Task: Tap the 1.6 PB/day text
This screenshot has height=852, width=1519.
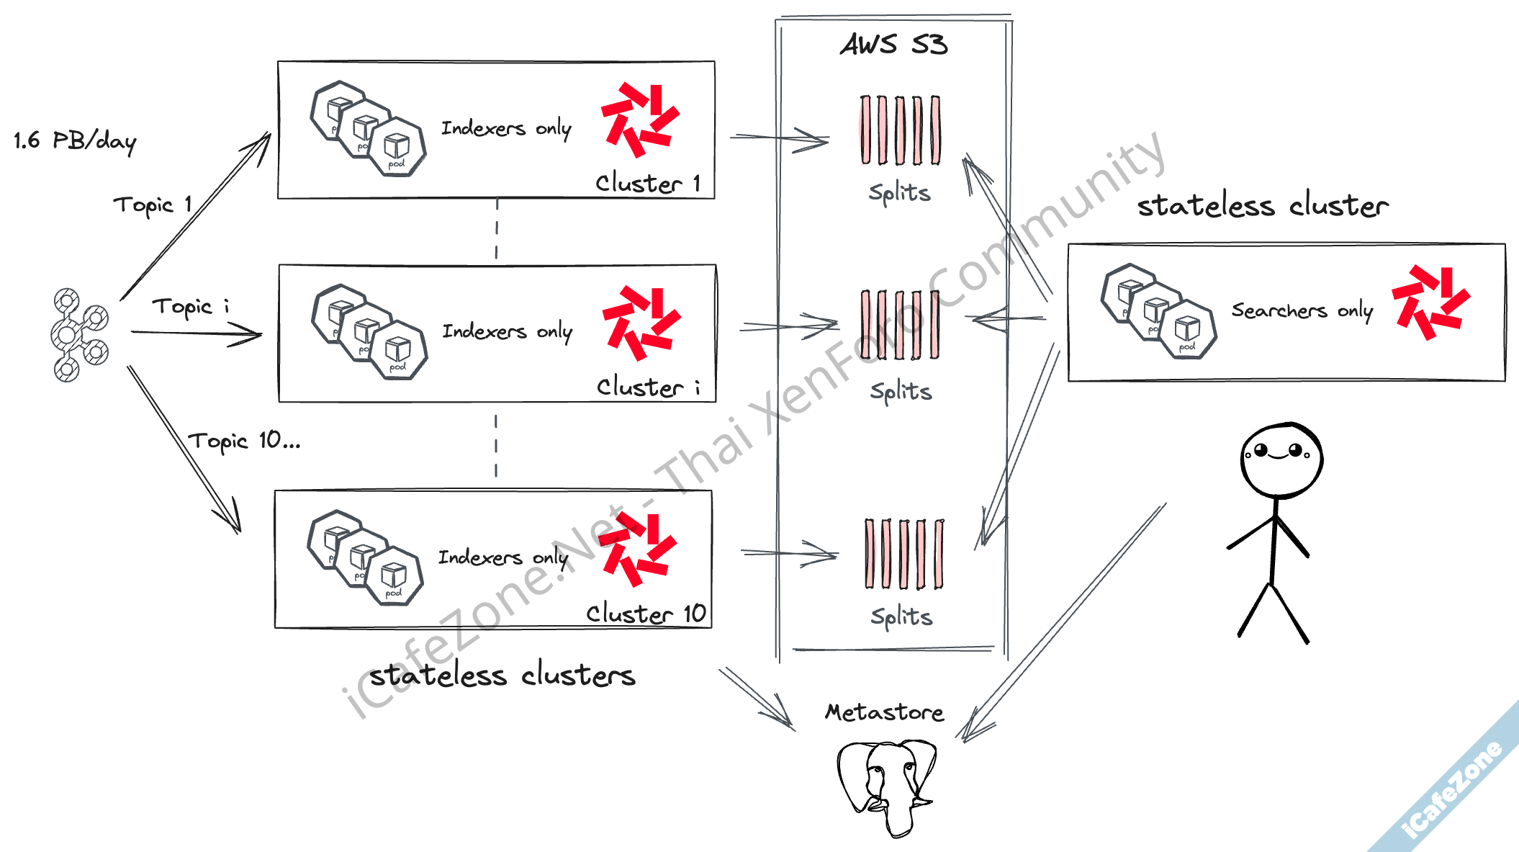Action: point(75,140)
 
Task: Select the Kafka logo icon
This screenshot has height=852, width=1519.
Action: point(79,334)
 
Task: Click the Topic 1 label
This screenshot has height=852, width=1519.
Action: point(153,205)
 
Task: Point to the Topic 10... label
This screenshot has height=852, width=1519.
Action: point(244,441)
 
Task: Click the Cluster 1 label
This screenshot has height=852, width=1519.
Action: point(647,183)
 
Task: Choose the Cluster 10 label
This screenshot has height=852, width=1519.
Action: point(646,614)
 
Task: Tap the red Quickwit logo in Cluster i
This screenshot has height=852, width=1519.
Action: point(641,323)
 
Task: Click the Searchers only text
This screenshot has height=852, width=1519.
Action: point(1302,310)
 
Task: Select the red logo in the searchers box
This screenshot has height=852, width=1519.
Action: point(1430,302)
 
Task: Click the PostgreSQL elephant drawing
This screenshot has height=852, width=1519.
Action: point(887,785)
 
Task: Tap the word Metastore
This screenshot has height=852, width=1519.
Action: point(884,712)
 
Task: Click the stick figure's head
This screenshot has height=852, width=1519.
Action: point(1281,459)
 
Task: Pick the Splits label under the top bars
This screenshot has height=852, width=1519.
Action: point(899,193)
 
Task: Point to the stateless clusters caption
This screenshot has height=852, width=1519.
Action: point(502,676)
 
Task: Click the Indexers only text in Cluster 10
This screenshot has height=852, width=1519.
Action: point(503,557)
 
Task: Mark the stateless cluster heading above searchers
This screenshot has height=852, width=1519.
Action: point(1263,206)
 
